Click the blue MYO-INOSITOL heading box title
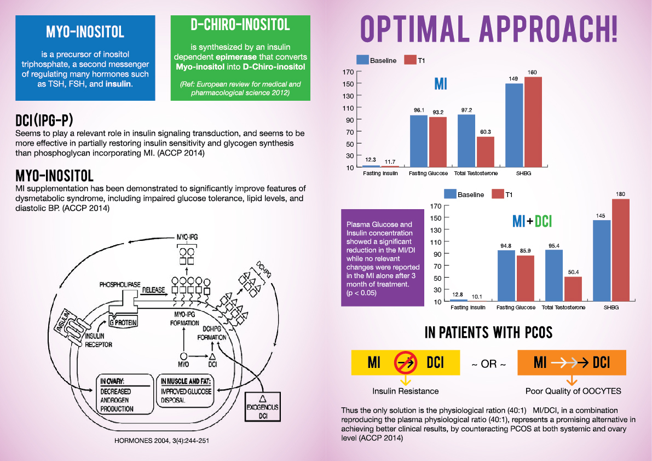point(85,32)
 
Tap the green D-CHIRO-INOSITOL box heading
point(240,25)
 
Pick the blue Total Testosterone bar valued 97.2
point(466,141)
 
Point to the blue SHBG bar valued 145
point(602,261)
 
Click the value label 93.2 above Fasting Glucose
point(438,112)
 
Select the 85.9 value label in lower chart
point(526,250)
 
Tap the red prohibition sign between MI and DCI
point(405,362)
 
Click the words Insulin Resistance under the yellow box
point(406,391)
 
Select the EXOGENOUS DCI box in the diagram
point(262,408)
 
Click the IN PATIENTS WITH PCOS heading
point(488,332)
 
